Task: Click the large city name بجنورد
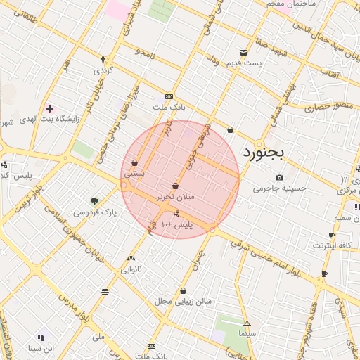click(271, 152)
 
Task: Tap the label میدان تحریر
click(175, 198)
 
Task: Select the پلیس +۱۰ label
click(176, 224)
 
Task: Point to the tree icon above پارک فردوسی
click(95, 200)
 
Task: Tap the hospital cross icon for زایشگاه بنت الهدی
click(49, 108)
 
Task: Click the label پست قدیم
click(243, 63)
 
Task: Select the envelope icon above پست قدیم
click(243, 53)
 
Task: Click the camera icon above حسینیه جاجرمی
click(280, 177)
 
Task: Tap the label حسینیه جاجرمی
click(280, 188)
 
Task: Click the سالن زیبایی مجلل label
click(184, 301)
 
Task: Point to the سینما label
click(247, 333)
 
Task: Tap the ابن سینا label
click(41, 347)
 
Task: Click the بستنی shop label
click(134, 172)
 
